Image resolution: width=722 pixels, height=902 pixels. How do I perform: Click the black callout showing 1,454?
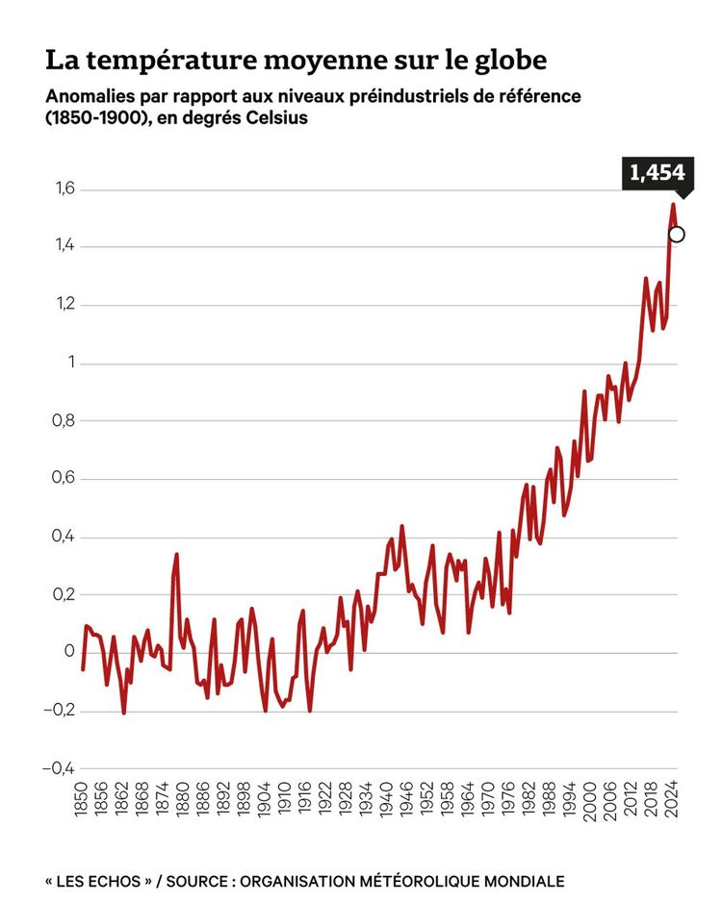point(657,173)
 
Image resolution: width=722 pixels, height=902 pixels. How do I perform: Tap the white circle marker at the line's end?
point(676,234)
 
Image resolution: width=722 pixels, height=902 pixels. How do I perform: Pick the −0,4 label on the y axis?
point(57,767)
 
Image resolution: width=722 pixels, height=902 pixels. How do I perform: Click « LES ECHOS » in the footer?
point(92,881)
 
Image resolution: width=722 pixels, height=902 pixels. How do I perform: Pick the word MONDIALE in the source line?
point(519,881)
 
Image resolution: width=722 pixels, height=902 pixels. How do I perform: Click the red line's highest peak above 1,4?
point(673,205)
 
